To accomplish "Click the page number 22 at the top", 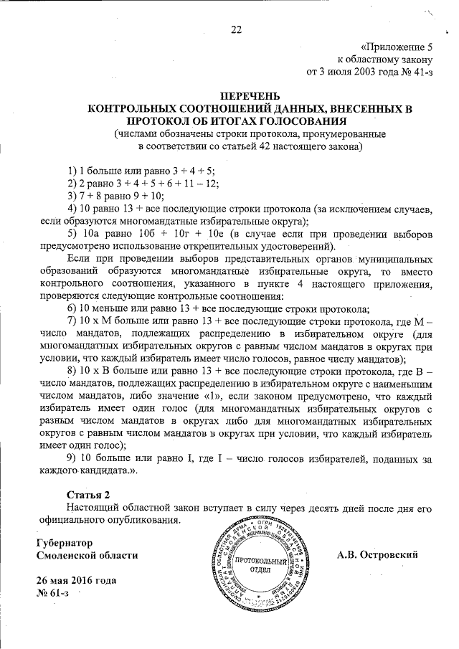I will click(236, 29).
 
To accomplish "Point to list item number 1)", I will click(72, 170).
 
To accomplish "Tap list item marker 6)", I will click(72, 309).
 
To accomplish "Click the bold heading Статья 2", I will click(89, 495).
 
